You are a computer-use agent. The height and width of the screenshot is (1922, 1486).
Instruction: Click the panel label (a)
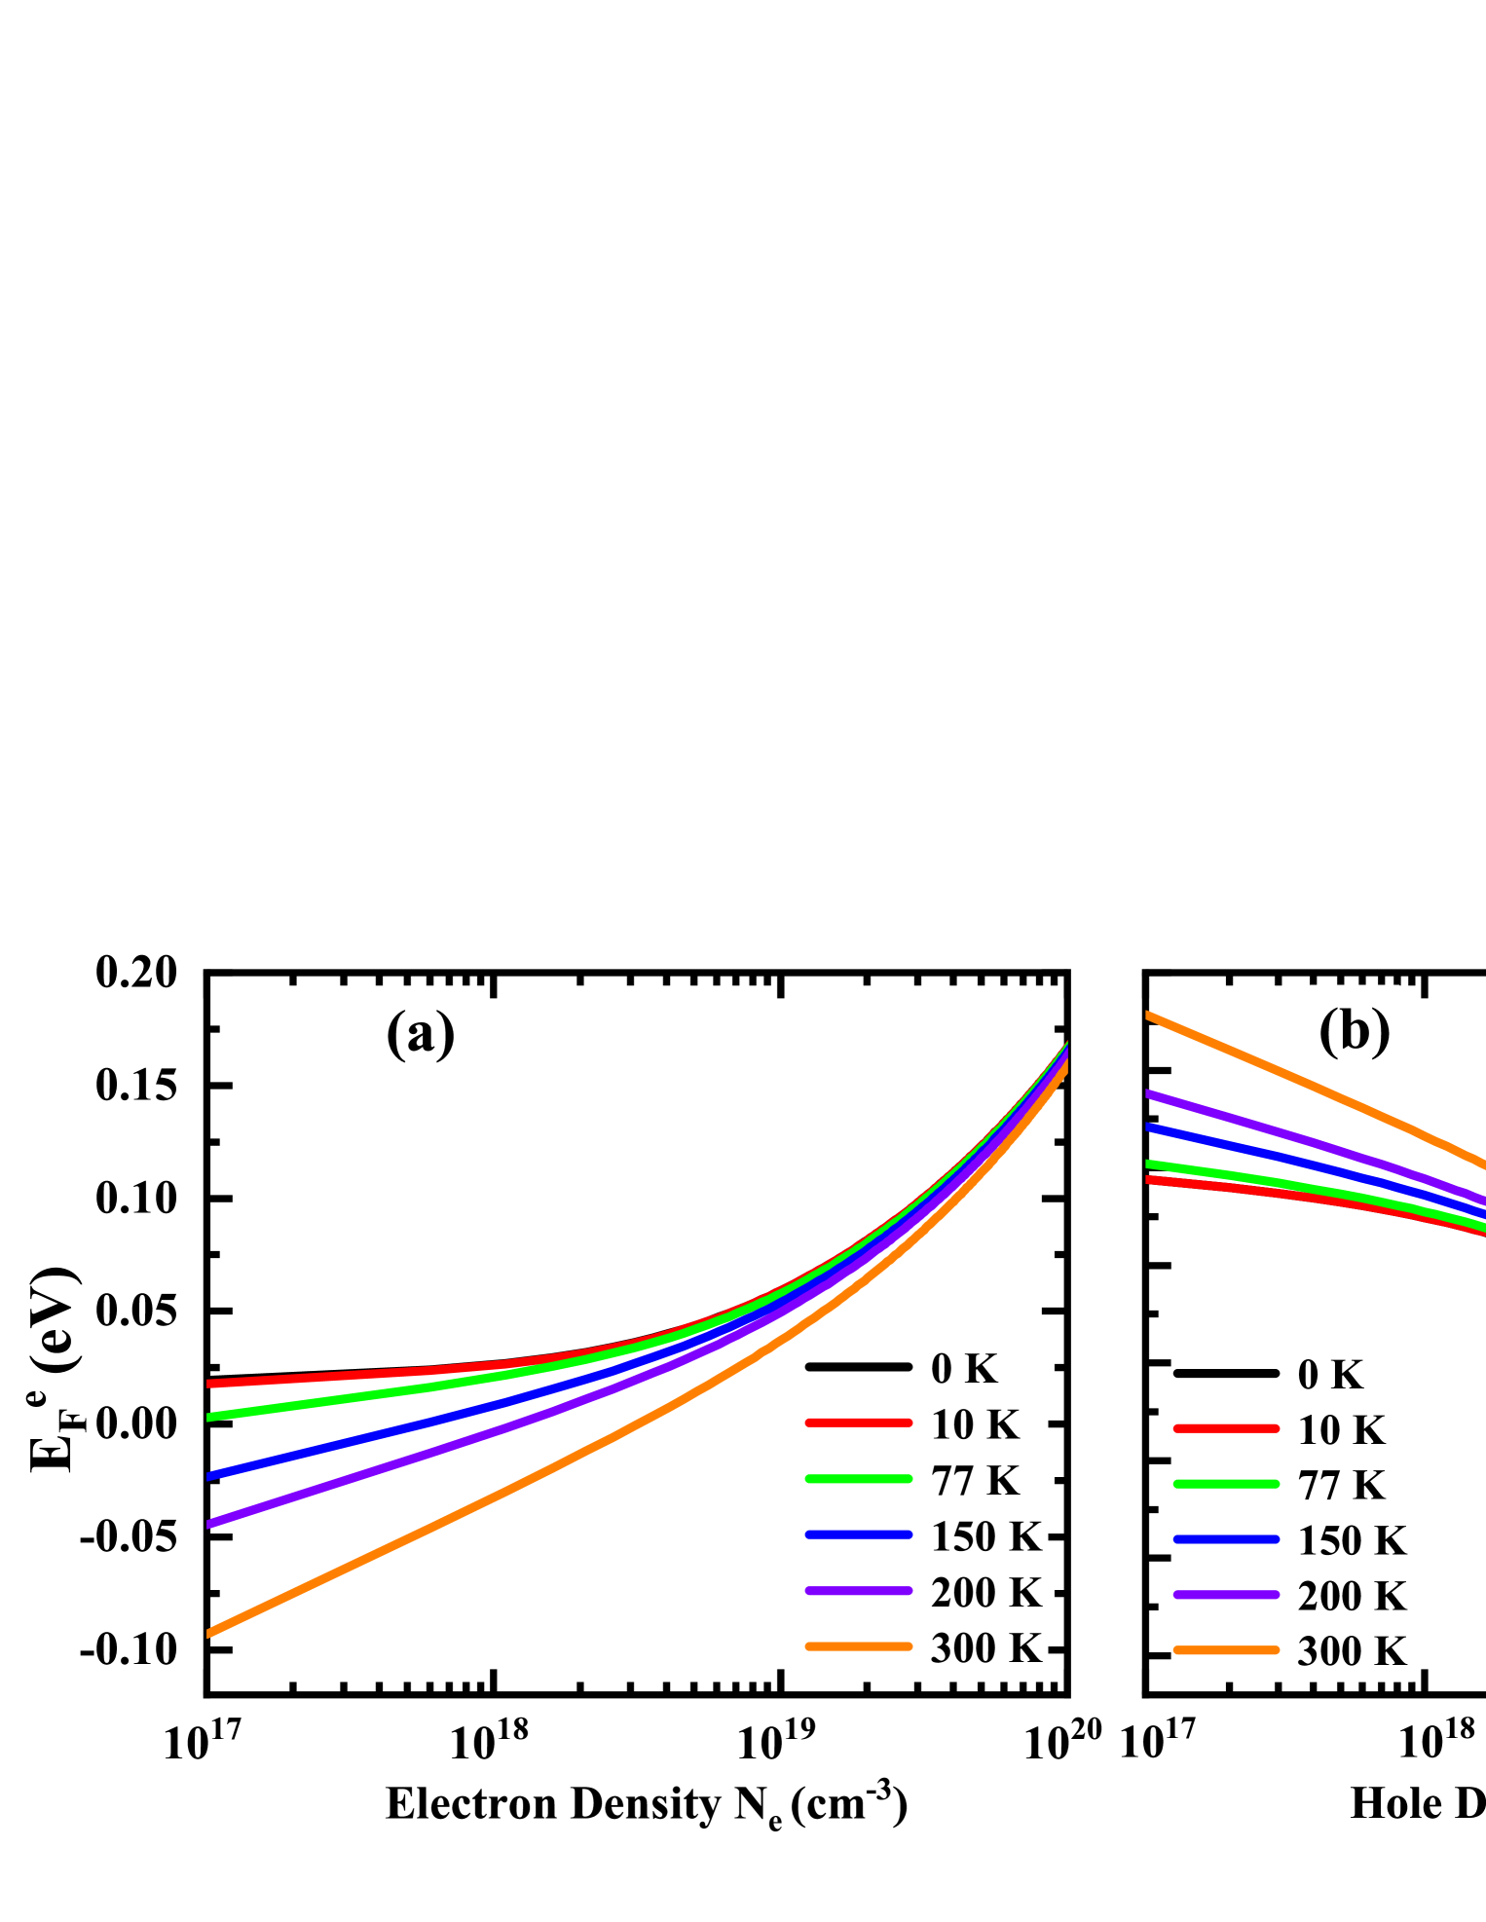(420, 1031)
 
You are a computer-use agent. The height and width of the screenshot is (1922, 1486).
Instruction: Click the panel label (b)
(1354, 1028)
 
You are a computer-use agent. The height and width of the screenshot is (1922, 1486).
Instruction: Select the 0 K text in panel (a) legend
(963, 1369)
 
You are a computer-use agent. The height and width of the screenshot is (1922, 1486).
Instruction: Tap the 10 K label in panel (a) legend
(974, 1425)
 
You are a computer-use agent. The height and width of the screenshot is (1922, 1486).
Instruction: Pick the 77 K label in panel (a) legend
(974, 1481)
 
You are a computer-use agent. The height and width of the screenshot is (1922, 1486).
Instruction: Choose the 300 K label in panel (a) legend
(985, 1648)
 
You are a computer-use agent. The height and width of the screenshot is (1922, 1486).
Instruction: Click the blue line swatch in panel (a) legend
(858, 1535)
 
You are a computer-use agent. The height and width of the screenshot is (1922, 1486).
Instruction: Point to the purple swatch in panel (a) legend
(858, 1591)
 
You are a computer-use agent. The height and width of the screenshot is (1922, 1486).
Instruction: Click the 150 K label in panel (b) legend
(1352, 1541)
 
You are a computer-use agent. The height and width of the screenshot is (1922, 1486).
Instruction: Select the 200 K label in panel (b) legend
(1352, 1597)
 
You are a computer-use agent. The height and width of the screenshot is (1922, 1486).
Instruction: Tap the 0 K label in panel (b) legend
(1330, 1375)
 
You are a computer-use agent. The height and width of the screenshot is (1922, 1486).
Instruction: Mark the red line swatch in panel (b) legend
(1225, 1429)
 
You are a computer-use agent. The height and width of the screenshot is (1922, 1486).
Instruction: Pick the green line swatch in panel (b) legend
(1225, 1485)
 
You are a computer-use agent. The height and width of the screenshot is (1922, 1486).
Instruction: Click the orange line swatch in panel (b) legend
(1225, 1651)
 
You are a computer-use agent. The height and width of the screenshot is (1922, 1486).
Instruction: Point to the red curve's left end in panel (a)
(211, 1383)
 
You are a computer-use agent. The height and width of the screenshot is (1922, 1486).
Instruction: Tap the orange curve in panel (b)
(1315, 1086)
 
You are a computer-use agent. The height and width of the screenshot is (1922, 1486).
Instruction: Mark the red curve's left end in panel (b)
(1151, 1180)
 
